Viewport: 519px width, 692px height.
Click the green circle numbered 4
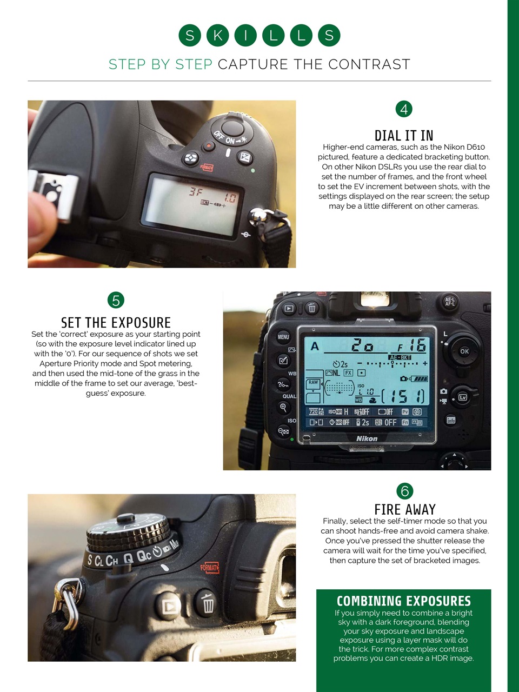404,109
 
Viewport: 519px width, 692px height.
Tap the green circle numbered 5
116,300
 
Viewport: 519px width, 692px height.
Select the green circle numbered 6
404,491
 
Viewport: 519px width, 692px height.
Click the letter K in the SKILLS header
217,36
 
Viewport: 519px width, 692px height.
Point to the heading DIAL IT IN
404,135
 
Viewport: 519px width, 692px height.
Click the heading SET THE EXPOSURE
116,323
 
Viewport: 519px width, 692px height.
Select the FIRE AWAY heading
405,509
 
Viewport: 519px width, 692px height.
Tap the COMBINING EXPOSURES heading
403,601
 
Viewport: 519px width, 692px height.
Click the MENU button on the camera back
283,337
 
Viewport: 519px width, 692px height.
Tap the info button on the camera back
451,420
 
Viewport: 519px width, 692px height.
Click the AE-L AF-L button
450,302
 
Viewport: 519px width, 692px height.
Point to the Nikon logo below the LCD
367,438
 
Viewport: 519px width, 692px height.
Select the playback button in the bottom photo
170,605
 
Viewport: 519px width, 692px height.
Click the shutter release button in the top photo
233,128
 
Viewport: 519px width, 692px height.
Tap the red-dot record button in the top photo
209,146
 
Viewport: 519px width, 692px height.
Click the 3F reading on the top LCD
196,191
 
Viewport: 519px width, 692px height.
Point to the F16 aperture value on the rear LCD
412,345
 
